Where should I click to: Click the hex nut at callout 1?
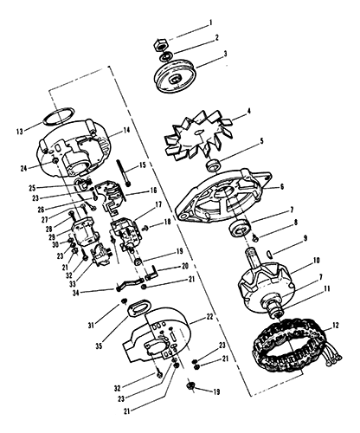point(161,44)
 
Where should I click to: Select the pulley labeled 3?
point(175,75)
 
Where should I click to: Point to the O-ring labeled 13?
point(58,116)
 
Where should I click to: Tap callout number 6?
point(282,187)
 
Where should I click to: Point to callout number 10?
point(316,261)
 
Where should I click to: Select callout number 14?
point(126,130)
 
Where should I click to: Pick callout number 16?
point(153,191)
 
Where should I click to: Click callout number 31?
point(92,325)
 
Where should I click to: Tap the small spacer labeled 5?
point(214,166)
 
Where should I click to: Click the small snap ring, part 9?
point(271,254)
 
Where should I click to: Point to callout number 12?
point(336,326)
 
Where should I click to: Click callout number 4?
point(249,111)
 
